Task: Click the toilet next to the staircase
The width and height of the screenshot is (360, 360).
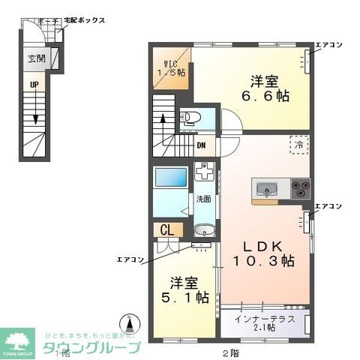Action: pos(189,118)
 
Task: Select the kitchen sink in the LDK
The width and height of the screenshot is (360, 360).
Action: pos(268,188)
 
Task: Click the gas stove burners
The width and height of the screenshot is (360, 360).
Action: pos(299,187)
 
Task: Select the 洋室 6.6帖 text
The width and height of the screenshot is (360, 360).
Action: pos(265,87)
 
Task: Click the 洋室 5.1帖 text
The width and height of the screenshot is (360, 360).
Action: pos(185,290)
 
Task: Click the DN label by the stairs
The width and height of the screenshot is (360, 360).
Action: pos(201,145)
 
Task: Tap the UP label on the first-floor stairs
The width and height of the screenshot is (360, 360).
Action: pos(34,85)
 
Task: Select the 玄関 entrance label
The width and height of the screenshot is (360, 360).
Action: pos(37,58)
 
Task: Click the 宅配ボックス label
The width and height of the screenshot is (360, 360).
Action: pos(85,22)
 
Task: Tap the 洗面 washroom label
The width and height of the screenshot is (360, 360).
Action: pos(202,199)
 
